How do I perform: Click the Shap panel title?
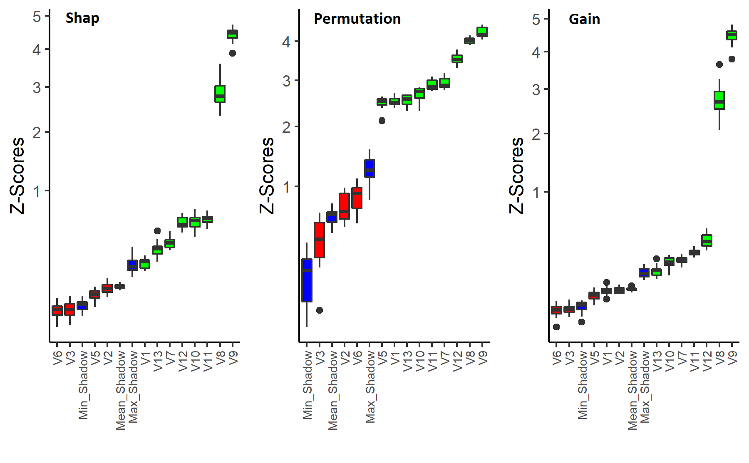pos(82,18)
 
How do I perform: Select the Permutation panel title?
pos(357,19)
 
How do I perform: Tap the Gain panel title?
pos(584,19)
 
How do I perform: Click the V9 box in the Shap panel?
pos(232,34)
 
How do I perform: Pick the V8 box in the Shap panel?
pos(220,94)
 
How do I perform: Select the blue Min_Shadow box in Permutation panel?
pos(307,280)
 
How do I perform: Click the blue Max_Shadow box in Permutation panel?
pos(370,168)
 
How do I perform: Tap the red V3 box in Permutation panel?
pos(319,240)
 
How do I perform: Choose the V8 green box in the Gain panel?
pos(719,100)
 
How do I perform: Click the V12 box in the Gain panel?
pos(707,240)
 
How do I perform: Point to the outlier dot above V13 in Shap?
pos(157,231)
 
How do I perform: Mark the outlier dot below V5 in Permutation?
pos(382,121)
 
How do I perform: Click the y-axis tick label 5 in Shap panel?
pos(37,17)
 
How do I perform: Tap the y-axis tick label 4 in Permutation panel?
pos(286,42)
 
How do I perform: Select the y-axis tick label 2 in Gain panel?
pos(536,134)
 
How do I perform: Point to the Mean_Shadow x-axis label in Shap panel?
pos(121,390)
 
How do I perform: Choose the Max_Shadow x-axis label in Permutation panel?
pos(370,387)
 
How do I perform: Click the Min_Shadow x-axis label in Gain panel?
pos(582,384)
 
